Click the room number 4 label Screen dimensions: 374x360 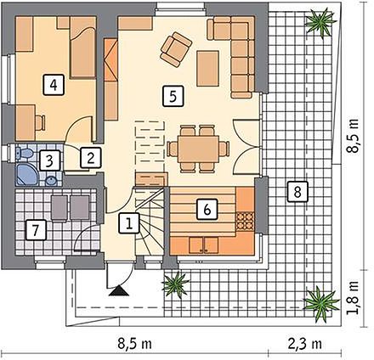54,84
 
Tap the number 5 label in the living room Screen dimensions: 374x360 173,96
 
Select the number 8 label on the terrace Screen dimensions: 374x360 297,192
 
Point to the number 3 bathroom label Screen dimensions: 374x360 49,160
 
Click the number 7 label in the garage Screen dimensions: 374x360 36,229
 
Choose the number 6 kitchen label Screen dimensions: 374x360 207,210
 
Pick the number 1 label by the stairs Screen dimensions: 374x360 129,223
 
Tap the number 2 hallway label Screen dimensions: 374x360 90,157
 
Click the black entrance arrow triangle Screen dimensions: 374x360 119,290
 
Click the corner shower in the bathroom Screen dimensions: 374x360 26,174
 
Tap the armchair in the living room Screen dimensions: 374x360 176,49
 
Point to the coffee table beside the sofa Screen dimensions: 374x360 207,68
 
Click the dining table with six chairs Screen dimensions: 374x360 198,149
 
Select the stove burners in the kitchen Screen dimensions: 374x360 245,221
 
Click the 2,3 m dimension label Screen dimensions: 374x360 305,344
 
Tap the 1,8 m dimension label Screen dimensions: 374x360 354,297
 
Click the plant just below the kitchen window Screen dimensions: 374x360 176,284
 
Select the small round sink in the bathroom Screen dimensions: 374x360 51,180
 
